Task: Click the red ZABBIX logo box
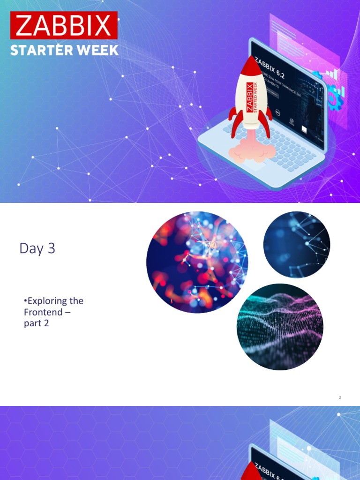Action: (64, 25)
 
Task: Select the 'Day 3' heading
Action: (37, 248)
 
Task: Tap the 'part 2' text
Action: (37, 323)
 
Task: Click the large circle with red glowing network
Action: (197, 262)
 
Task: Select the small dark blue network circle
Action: (296, 245)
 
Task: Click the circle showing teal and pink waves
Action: (280, 327)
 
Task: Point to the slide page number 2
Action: (340, 397)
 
